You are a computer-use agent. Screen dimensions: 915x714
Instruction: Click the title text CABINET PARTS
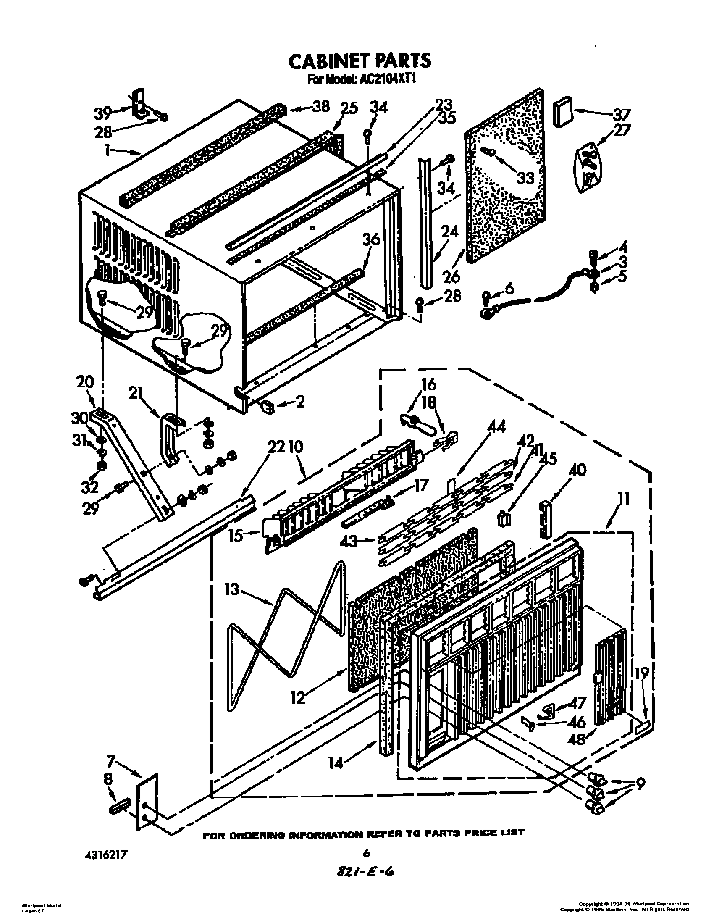[360, 60]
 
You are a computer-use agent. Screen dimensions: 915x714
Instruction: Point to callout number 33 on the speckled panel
[525, 177]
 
